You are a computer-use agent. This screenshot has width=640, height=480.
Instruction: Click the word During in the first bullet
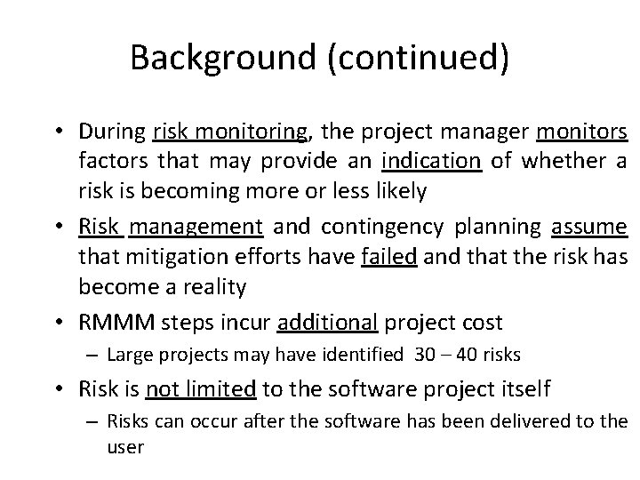pyautogui.click(x=112, y=133)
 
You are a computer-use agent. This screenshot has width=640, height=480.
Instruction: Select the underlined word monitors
pyautogui.click(x=582, y=133)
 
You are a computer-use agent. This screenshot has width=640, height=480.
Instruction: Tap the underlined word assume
pyautogui.click(x=589, y=226)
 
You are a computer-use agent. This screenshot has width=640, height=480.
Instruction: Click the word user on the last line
pyautogui.click(x=124, y=447)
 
